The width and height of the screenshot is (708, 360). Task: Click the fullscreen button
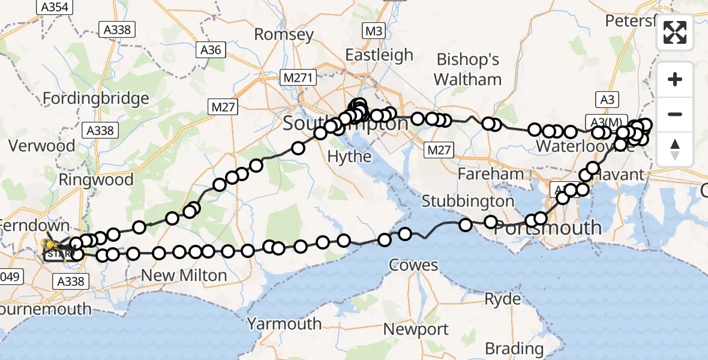pos(675,32)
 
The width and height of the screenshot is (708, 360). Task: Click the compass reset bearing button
pos(675,149)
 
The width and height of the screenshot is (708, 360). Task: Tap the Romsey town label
pos(284,34)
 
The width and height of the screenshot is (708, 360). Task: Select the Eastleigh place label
pos(379,55)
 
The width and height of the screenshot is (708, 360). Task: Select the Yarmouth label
pos(284,324)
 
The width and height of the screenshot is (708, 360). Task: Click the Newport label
pos(416,329)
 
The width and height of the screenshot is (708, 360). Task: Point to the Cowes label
pos(413,265)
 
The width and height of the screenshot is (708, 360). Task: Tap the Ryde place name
pos(503,299)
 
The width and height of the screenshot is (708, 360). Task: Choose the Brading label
pos(514,349)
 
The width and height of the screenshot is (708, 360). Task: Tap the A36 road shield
pos(211,50)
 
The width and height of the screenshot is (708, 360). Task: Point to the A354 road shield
pos(55,7)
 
